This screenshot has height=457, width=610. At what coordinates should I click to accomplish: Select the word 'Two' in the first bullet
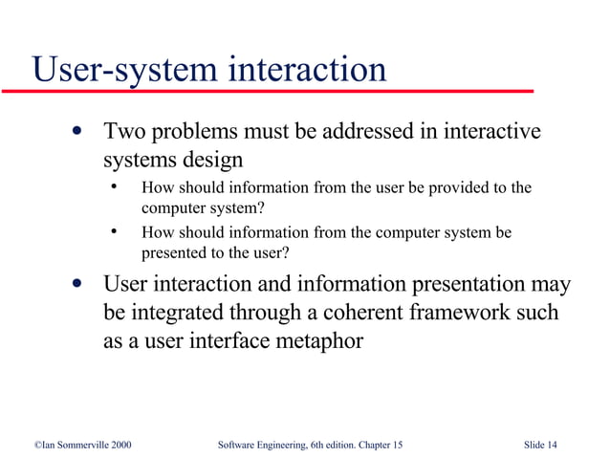(122, 131)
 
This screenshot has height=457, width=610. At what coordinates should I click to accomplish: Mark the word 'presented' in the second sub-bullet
(175, 253)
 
